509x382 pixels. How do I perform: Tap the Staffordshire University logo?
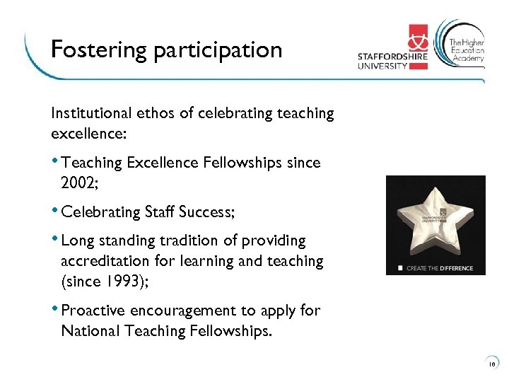pos(392,48)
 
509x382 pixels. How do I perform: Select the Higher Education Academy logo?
pos(461,43)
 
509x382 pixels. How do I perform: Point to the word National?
pos(88,330)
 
